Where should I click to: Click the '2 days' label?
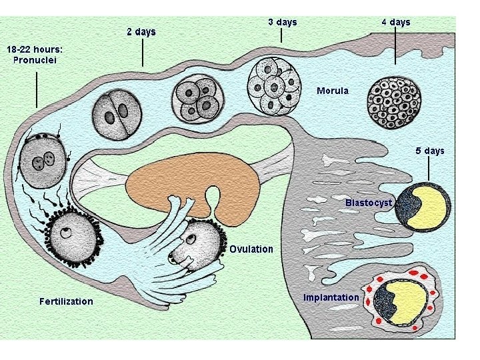click(141, 31)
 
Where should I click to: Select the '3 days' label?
click(283, 22)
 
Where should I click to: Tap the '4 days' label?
click(396, 22)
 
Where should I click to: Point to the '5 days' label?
click(430, 151)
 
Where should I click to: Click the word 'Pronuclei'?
click(35, 59)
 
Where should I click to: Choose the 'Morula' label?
click(332, 90)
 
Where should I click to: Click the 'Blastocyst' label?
click(369, 202)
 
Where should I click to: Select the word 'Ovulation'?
click(251, 249)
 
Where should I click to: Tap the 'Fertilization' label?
click(66, 301)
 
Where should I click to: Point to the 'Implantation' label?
click(331, 297)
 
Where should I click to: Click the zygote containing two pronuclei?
click(43, 160)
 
